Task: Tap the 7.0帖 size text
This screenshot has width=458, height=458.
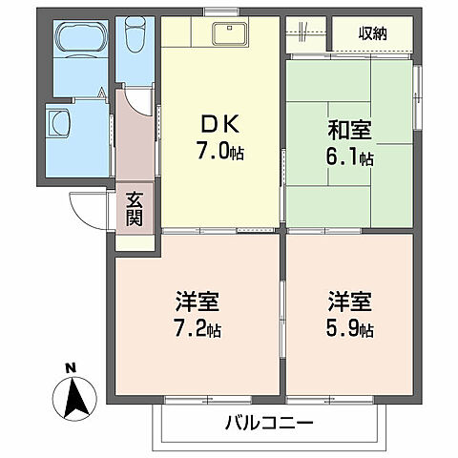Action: (221, 151)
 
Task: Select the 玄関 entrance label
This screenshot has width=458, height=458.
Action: (135, 210)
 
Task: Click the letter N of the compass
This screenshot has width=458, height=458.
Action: (70, 366)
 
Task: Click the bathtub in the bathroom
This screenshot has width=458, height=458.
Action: (81, 40)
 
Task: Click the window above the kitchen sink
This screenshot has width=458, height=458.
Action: (220, 12)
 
